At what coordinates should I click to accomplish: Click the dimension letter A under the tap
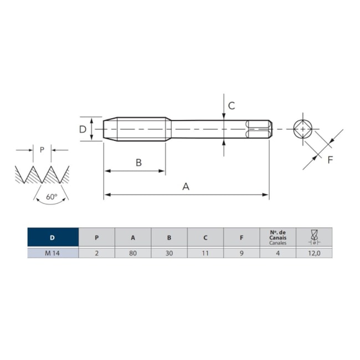[186, 187]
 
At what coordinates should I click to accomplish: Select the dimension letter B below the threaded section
[139, 162]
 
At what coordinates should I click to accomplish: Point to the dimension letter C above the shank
[232, 105]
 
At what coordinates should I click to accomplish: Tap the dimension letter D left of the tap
[82, 129]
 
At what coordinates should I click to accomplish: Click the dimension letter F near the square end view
[330, 160]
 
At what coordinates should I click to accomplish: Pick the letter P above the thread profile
[42, 150]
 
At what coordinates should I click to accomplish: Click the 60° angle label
[52, 197]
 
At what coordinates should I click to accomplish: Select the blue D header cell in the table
[53, 238]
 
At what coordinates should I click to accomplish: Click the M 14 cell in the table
[53, 253]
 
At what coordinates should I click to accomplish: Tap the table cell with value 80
[133, 253]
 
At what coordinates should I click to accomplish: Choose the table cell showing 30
[169, 253]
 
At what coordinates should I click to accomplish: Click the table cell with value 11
[205, 253]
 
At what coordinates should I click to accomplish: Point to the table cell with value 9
[241, 253]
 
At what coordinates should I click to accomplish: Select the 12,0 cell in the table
[314, 253]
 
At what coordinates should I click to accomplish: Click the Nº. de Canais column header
[277, 238]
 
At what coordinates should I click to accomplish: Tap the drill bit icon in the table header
[314, 237]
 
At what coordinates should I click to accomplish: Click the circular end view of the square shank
[302, 129]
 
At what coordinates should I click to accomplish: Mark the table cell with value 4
[277, 253]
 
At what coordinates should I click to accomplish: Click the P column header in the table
[97, 238]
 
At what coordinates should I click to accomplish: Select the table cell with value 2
[97, 253]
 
